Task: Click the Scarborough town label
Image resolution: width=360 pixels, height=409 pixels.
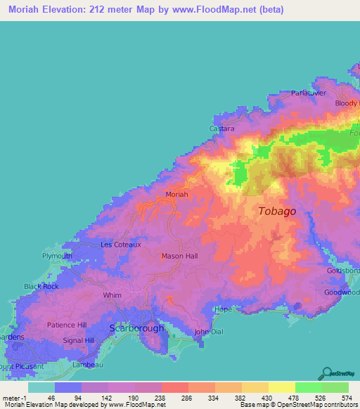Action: pyautogui.click(x=137, y=328)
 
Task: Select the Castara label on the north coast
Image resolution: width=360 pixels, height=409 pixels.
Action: pyautogui.click(x=222, y=129)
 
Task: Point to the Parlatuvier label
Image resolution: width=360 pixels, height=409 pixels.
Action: pyautogui.click(x=311, y=93)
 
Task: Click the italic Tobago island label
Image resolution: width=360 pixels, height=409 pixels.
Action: pyautogui.click(x=277, y=211)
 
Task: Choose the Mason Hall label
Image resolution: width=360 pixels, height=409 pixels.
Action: pyautogui.click(x=181, y=256)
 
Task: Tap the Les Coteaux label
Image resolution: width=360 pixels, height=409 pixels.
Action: pyautogui.click(x=121, y=245)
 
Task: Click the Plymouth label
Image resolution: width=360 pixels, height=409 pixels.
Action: pyautogui.click(x=57, y=256)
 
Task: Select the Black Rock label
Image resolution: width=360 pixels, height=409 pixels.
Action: pyautogui.click(x=41, y=286)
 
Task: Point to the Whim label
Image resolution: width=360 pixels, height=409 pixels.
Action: pyautogui.click(x=112, y=296)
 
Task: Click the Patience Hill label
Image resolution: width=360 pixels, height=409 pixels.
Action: pyautogui.click(x=67, y=325)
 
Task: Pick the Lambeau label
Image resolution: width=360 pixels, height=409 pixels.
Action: pyautogui.click(x=86, y=365)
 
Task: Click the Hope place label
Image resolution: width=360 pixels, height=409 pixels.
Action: pyautogui.click(x=223, y=309)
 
